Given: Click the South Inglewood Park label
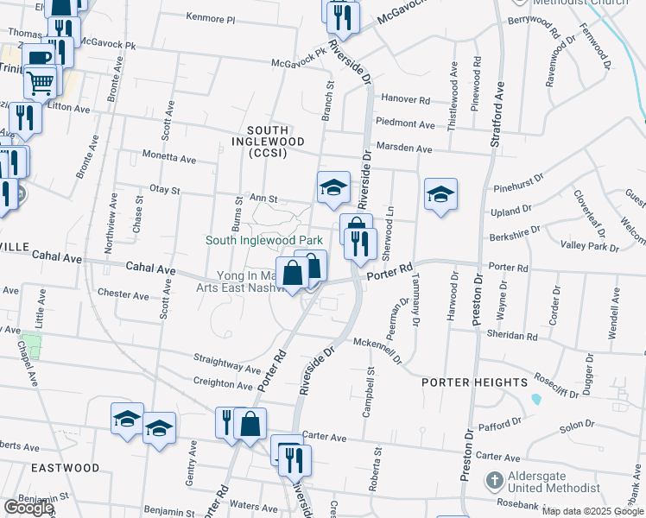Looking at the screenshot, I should tap(263, 240).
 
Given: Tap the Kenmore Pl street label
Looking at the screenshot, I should tap(210, 17).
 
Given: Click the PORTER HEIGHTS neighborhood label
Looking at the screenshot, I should tap(474, 382).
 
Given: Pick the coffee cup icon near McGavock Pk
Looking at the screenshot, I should tap(37, 58).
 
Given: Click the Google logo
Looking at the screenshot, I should tap(28, 508).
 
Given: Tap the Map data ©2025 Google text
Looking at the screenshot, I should tap(592, 511).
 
